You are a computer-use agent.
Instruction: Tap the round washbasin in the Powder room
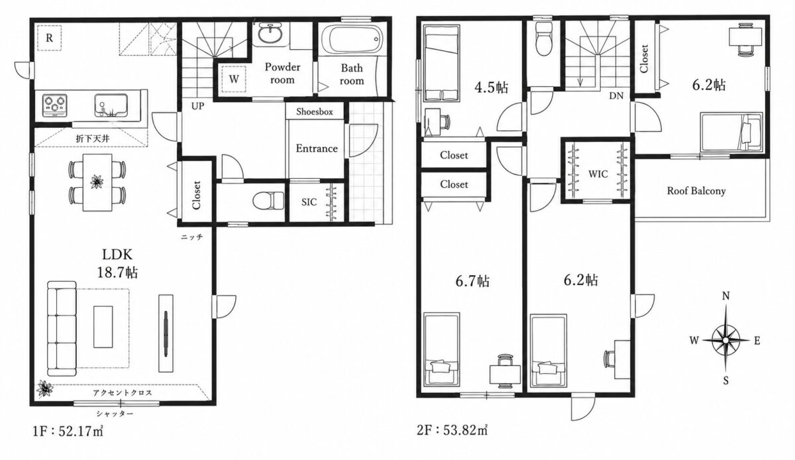(271, 35)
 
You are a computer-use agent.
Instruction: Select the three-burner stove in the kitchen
(55, 105)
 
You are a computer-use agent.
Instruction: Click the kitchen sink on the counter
(111, 105)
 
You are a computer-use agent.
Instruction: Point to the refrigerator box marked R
(49, 38)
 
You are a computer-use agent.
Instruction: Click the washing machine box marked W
(234, 79)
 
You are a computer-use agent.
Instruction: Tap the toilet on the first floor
(268, 201)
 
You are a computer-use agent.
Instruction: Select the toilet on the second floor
(543, 40)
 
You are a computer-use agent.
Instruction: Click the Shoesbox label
(315, 112)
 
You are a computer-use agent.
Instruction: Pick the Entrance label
(317, 148)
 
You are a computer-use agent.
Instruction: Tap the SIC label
(309, 202)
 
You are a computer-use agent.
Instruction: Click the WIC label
(598, 174)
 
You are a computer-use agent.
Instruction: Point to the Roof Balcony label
(696, 191)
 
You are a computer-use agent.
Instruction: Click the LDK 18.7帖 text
(117, 263)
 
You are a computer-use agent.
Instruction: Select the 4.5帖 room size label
(491, 87)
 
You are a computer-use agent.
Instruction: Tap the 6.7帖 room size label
(472, 281)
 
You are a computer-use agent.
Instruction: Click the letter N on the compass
(726, 296)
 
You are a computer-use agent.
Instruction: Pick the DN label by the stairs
(617, 95)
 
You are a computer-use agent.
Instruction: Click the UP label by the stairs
(197, 106)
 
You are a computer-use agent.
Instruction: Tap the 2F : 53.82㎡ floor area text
(452, 431)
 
